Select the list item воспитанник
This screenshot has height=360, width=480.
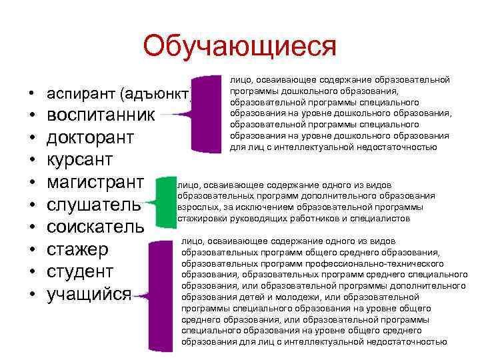click(100, 115)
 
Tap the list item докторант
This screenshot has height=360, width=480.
click(90, 137)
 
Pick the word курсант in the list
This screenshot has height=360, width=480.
click(79, 160)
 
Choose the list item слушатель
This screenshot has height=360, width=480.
click(94, 205)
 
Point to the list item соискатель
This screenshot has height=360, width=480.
click(95, 227)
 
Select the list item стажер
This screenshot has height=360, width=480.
click(77, 249)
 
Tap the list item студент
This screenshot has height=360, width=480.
click(80, 271)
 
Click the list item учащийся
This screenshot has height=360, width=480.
click(89, 294)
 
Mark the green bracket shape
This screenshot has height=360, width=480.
click(163, 200)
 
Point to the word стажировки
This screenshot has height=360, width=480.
click(201, 217)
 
